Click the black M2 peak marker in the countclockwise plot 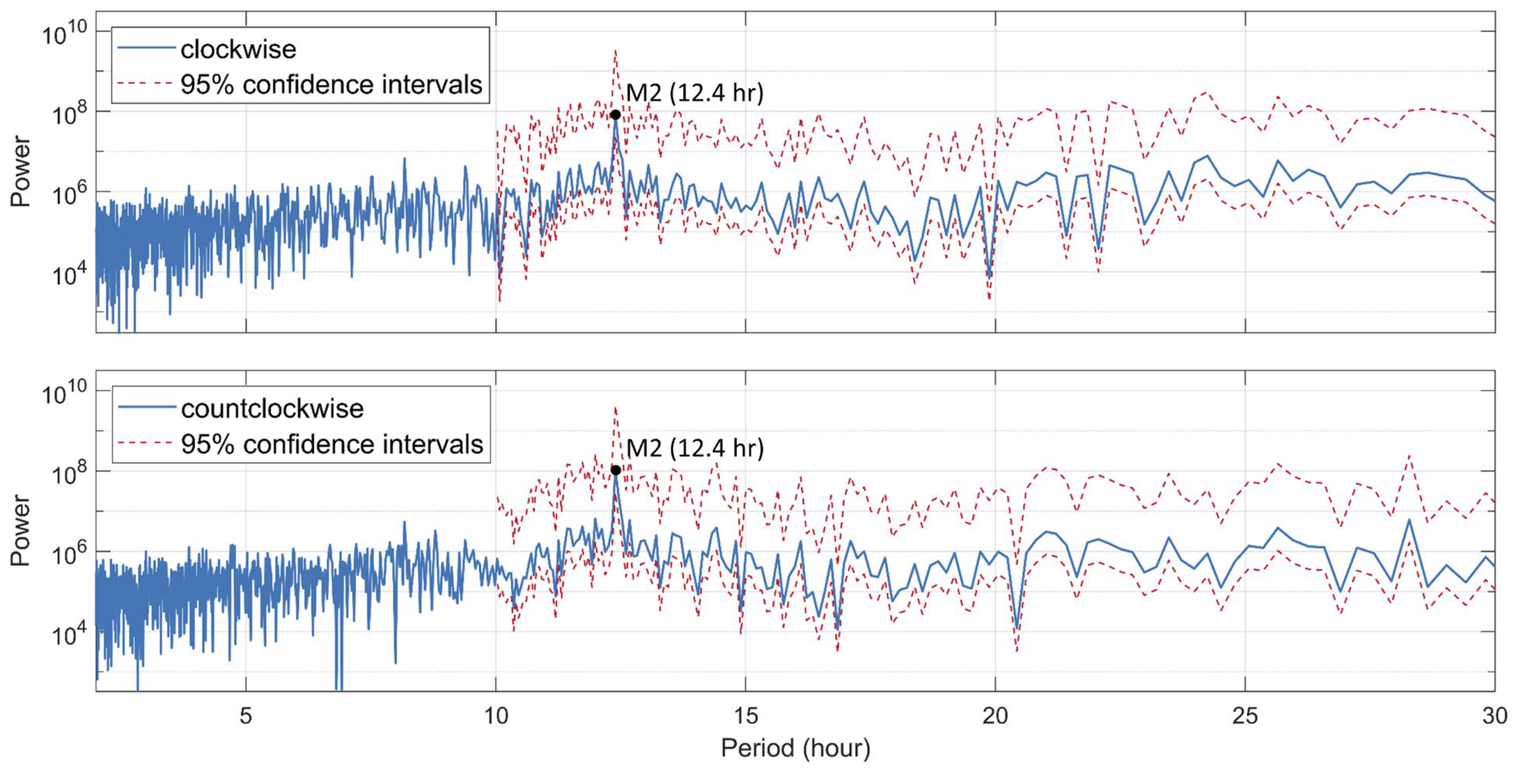tap(615, 470)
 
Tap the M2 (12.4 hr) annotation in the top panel tap(694, 93)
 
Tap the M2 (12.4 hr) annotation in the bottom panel tap(695, 449)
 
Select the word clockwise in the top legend tap(238, 50)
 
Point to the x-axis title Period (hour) tap(795, 748)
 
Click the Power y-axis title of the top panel tap(21, 171)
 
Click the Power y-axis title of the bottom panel tap(21, 530)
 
